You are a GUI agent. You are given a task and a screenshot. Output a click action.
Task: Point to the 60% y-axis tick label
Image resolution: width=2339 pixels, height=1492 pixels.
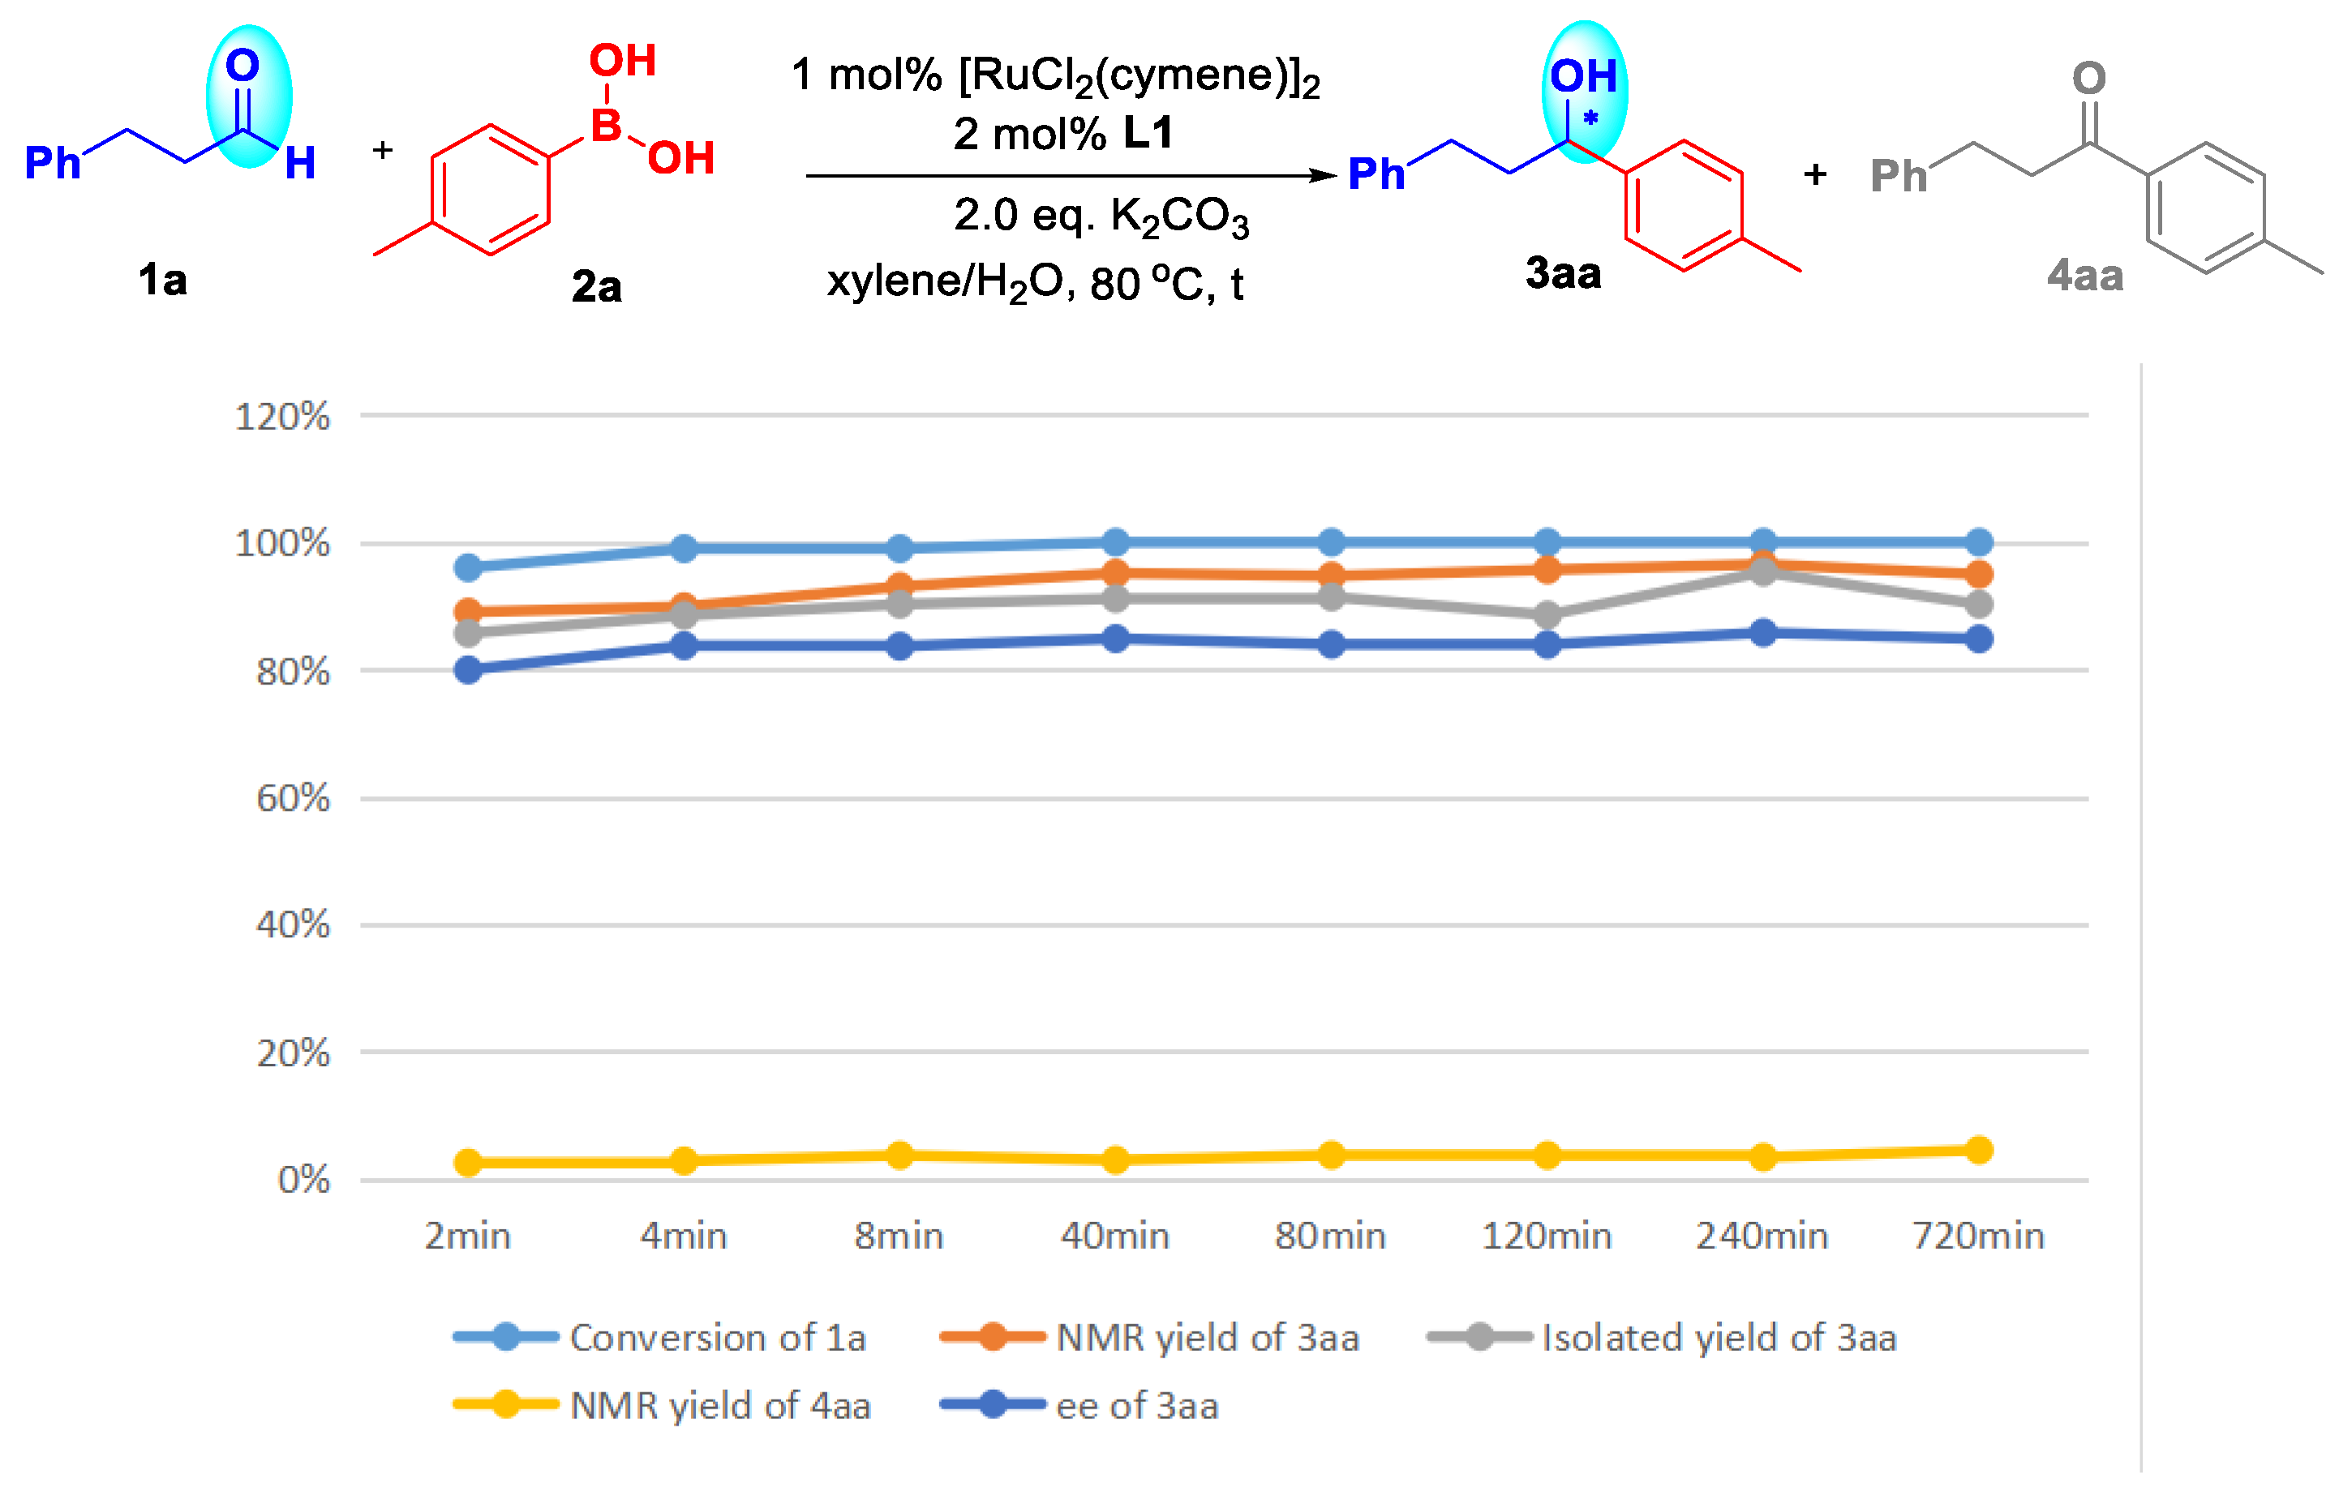pyautogui.click(x=292, y=799)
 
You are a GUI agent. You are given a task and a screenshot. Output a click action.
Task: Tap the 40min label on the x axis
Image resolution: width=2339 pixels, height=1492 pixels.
pyautogui.click(x=1115, y=1236)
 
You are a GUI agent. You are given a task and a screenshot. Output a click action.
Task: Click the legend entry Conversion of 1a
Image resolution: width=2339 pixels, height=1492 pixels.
pyautogui.click(x=717, y=1338)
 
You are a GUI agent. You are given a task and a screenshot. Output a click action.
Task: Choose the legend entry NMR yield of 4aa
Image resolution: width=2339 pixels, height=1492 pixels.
pyautogui.click(x=719, y=1405)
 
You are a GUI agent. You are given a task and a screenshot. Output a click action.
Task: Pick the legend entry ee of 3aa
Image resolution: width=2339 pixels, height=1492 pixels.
pyautogui.click(x=1136, y=1405)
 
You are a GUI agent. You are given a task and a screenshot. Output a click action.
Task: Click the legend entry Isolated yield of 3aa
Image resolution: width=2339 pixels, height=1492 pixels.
pyautogui.click(x=1719, y=1338)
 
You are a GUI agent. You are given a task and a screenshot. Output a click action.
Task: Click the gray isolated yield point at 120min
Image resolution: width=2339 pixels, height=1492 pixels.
pyautogui.click(x=1547, y=615)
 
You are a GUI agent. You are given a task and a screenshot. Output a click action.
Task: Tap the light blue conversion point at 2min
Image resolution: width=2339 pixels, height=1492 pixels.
pyautogui.click(x=468, y=568)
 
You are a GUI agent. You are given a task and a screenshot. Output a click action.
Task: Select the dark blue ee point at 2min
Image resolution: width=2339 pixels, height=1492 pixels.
pyautogui.click(x=468, y=671)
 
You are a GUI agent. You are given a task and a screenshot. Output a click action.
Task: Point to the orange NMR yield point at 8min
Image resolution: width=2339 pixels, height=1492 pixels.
pyautogui.click(x=899, y=585)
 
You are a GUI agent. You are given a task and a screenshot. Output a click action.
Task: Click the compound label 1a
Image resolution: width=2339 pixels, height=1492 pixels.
pyautogui.click(x=162, y=280)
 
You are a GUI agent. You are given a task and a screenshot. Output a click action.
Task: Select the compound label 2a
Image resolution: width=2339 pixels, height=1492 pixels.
pyautogui.click(x=596, y=286)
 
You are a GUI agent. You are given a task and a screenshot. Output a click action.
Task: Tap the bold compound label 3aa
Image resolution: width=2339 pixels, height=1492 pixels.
pyautogui.click(x=1563, y=273)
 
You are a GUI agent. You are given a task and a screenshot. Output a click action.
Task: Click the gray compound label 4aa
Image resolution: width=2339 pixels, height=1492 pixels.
pyautogui.click(x=2084, y=276)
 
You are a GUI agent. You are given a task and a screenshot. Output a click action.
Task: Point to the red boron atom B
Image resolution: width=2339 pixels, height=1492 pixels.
pyautogui.click(x=606, y=126)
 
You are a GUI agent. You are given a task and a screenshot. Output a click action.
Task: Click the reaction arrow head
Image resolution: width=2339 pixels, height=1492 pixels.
pyautogui.click(x=1325, y=176)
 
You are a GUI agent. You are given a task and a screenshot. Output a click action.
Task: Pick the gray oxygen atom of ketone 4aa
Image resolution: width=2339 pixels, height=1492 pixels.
pyautogui.click(x=2088, y=78)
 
